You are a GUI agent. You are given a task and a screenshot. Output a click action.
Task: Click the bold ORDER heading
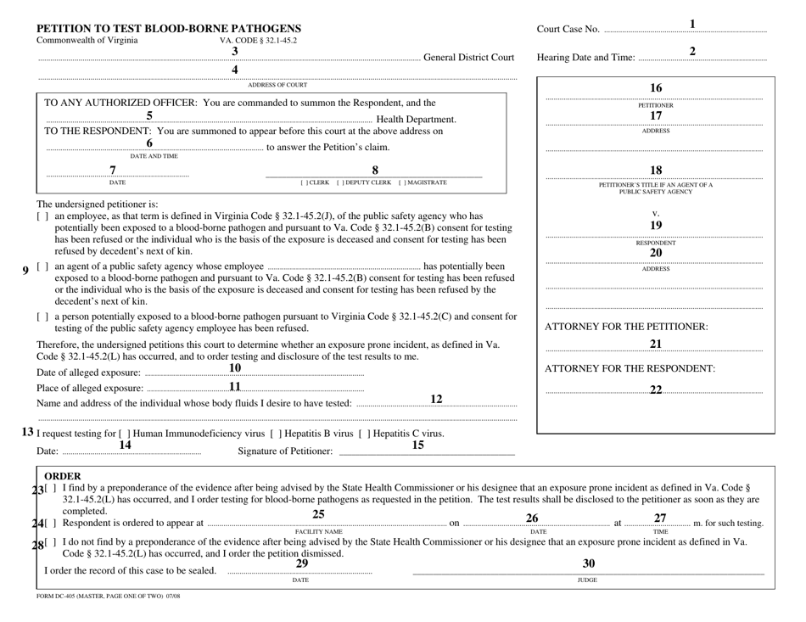click(62, 476)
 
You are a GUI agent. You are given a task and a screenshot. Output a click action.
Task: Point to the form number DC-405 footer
click(109, 597)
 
